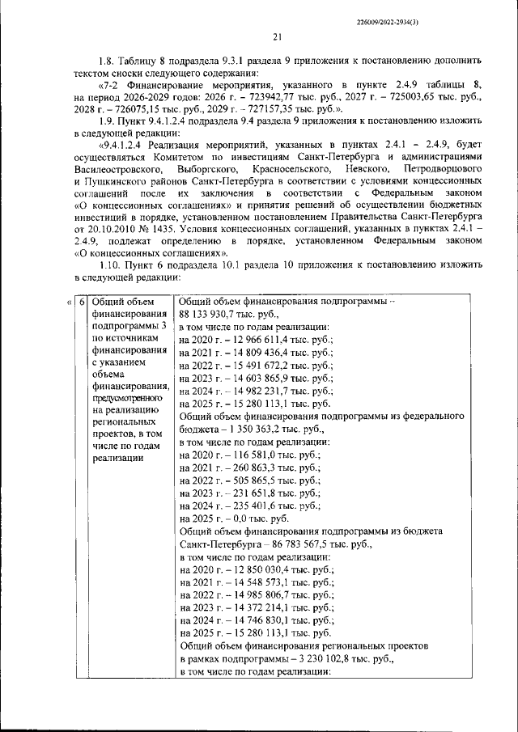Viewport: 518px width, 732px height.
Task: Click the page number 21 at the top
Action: point(276,36)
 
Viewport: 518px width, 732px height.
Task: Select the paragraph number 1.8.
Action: point(107,60)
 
